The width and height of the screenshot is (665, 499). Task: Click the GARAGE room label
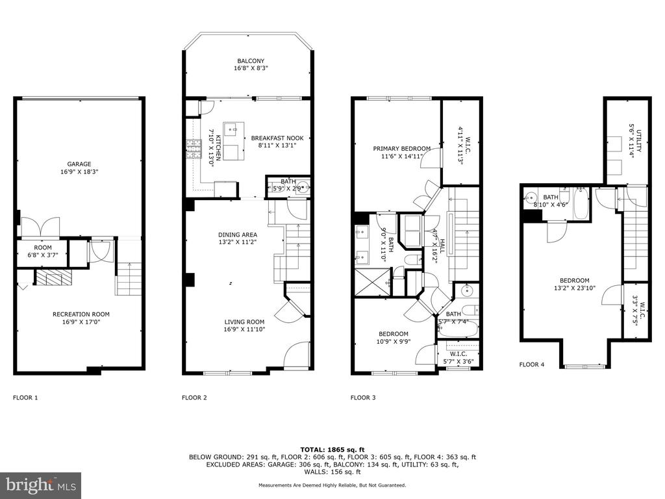coord(79,164)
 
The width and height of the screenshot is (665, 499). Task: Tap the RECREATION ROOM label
coord(81,314)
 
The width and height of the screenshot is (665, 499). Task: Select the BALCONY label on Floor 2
coord(251,61)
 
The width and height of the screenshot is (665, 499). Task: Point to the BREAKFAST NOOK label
coord(277,138)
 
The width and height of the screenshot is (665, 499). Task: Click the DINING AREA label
coord(238,235)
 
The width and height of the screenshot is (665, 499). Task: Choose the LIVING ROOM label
coord(244,322)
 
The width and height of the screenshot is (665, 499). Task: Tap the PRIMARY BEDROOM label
coord(401,149)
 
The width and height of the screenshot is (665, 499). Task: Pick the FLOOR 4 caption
coord(532,365)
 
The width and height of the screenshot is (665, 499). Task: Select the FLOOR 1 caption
coord(25,398)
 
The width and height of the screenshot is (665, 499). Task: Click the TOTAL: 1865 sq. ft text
coord(332,450)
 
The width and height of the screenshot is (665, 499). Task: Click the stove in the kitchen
coord(193,149)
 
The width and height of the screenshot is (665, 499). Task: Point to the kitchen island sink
coord(234,129)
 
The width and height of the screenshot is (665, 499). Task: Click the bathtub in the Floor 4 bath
coord(581,205)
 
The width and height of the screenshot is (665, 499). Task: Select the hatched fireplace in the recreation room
coord(54,278)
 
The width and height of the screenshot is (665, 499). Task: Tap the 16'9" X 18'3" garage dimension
coord(79,172)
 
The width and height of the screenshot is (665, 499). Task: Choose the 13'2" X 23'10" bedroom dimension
coord(575,288)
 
